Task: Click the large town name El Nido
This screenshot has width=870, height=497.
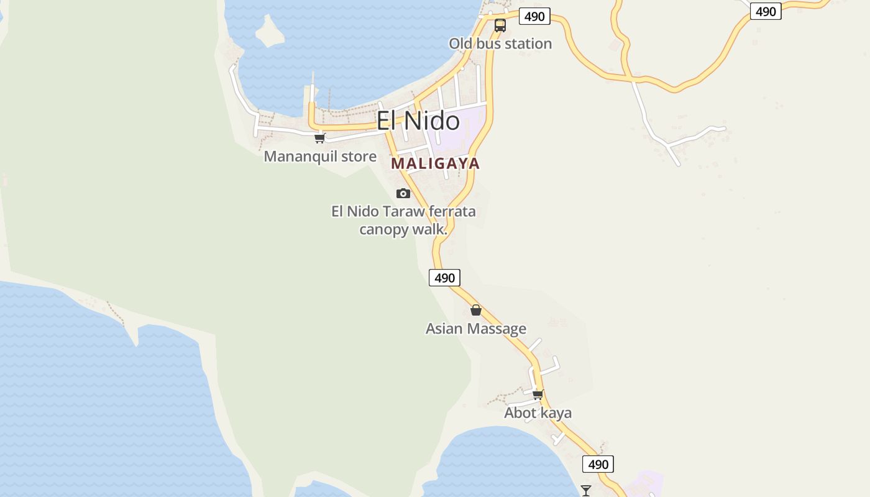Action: click(x=418, y=121)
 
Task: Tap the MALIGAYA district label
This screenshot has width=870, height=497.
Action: click(x=435, y=163)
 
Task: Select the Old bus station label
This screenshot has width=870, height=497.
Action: click(x=500, y=43)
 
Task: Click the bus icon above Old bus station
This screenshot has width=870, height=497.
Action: click(x=500, y=25)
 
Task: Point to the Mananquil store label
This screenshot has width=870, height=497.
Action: click(x=320, y=157)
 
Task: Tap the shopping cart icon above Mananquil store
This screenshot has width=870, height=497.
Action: click(x=319, y=138)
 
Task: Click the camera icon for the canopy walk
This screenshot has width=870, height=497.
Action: click(x=403, y=193)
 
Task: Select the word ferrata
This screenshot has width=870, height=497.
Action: click(x=452, y=211)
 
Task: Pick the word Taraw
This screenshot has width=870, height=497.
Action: click(x=404, y=211)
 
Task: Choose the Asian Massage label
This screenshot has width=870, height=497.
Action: click(x=476, y=329)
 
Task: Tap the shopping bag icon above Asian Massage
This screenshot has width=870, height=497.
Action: click(x=476, y=310)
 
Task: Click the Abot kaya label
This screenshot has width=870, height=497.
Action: click(x=538, y=413)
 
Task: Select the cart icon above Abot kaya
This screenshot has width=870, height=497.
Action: click(x=538, y=394)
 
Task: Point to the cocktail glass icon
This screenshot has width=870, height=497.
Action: click(x=585, y=491)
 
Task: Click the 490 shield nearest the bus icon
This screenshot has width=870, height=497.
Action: click(x=534, y=16)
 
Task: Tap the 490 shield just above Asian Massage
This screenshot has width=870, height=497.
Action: click(x=445, y=278)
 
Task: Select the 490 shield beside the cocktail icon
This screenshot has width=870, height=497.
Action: click(x=598, y=464)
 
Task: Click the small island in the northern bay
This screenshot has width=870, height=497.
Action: click(x=270, y=32)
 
